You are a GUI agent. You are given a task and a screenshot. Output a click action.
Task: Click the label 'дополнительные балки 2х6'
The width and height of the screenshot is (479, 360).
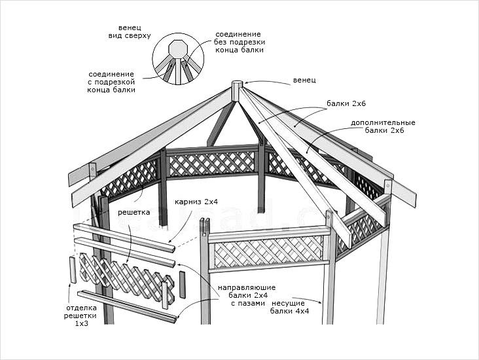[x=383, y=126]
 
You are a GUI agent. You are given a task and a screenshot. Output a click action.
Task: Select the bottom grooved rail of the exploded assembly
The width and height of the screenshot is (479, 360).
[x=128, y=306]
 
